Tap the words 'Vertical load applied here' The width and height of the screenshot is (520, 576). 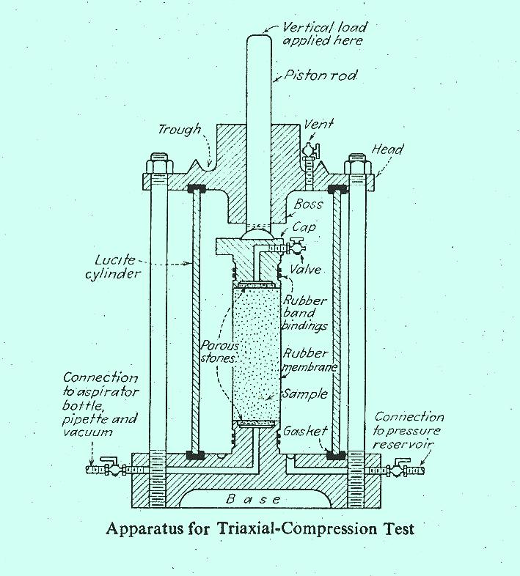coord(325,34)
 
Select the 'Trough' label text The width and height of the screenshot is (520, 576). coord(178,130)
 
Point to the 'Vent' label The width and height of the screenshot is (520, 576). coord(319,125)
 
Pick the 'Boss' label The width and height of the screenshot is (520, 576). coord(309,204)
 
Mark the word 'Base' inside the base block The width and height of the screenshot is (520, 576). coord(253,499)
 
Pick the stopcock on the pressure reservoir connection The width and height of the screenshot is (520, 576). coord(402,468)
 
